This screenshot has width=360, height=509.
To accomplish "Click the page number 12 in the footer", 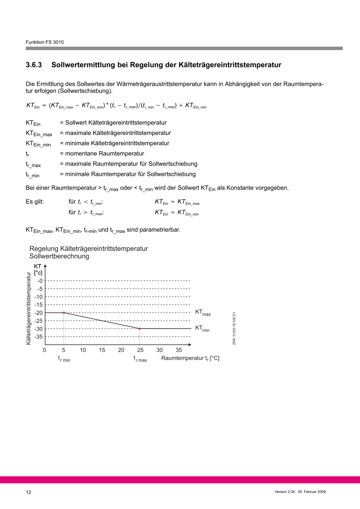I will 29,492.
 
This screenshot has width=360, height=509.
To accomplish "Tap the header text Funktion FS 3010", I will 45,42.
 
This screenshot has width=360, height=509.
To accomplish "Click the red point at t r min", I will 64,312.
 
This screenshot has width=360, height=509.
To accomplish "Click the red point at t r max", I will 139,329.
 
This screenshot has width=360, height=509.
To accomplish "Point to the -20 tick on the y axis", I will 39,313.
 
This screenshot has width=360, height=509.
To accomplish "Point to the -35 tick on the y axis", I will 39,337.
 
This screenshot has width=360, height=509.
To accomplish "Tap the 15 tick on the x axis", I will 102,350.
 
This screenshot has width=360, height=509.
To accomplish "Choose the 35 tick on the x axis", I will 179,350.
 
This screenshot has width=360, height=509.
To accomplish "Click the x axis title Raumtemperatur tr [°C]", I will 190,358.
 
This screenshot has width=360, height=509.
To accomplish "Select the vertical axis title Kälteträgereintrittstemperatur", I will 29,308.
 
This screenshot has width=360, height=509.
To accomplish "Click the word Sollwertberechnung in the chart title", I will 59,256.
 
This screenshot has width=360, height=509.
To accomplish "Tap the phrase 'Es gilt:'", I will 35,202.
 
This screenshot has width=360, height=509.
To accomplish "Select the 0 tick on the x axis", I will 44,350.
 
